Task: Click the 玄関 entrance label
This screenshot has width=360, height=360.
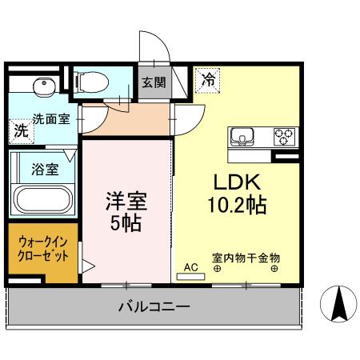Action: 153,81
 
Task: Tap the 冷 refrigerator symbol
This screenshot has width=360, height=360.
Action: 208,79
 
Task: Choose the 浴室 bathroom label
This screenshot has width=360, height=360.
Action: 44,170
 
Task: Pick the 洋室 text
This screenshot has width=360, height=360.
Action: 127,202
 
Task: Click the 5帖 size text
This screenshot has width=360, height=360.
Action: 127,222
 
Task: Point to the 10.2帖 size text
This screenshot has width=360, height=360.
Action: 234,205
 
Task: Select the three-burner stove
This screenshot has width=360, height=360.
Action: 284,136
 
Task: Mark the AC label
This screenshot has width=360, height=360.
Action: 190,267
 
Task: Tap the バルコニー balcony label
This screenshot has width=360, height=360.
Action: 154,306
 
